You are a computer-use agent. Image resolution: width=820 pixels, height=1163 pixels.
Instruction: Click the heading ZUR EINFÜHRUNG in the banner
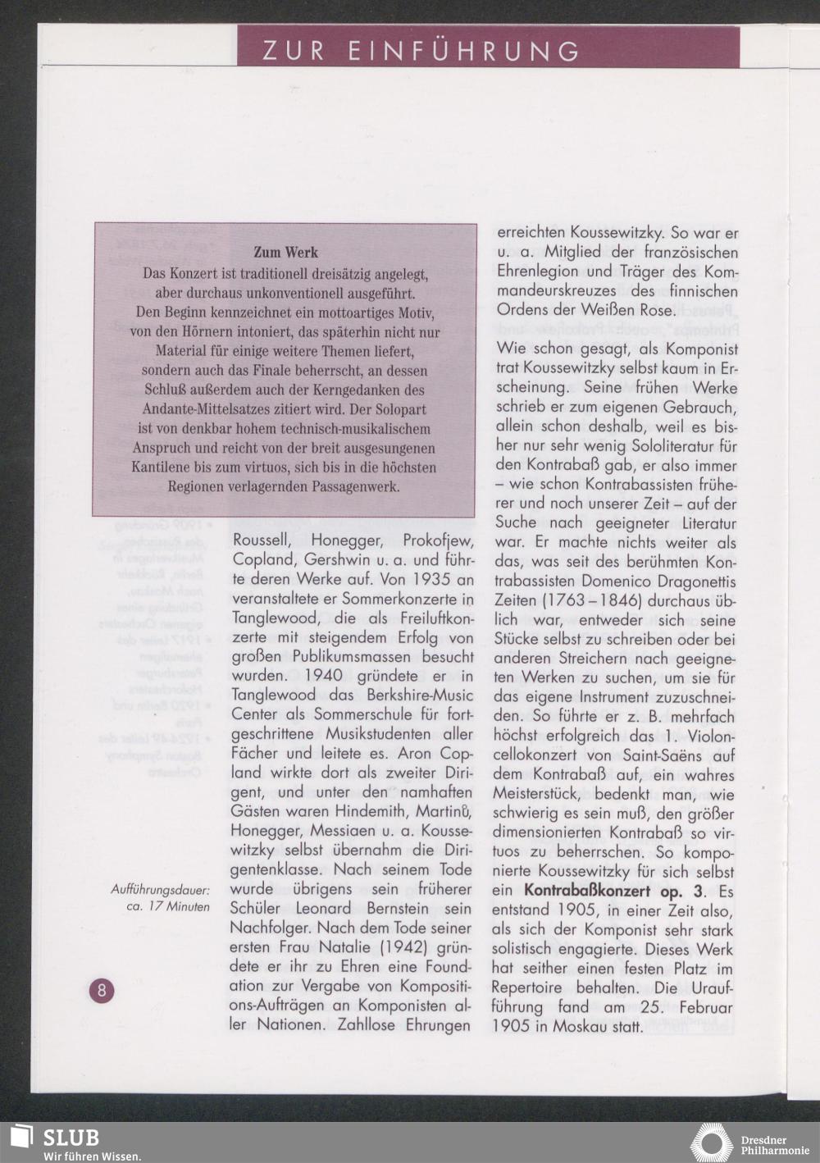(x=421, y=51)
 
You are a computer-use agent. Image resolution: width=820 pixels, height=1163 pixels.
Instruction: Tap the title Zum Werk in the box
(x=285, y=252)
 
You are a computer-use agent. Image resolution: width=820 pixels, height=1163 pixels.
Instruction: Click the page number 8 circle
(x=102, y=990)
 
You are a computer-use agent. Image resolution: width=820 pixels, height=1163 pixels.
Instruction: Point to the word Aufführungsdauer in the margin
(x=161, y=889)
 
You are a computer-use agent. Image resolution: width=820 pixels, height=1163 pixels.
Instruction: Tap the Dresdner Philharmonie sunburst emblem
(x=711, y=1143)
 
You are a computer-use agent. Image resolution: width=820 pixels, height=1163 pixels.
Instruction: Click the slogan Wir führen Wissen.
(x=93, y=1156)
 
